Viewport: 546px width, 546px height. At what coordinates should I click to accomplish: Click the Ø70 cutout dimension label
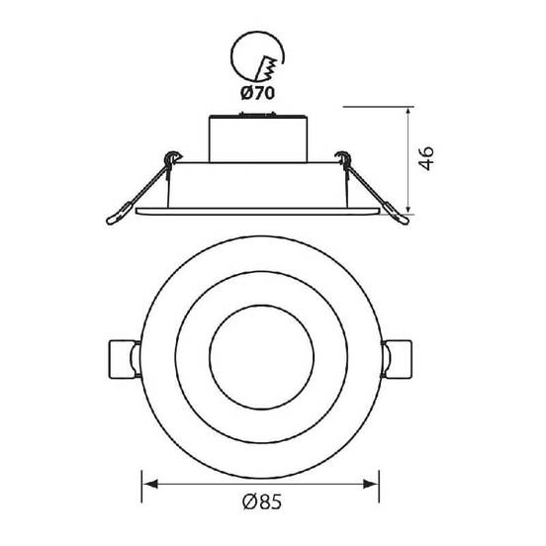(x=258, y=93)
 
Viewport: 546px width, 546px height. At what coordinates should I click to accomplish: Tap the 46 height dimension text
(x=426, y=158)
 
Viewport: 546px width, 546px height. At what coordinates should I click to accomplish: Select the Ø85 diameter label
(x=262, y=502)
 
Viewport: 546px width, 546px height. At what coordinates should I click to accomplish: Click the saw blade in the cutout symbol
(x=267, y=68)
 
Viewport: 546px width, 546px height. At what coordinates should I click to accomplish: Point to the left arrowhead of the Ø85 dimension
(x=150, y=484)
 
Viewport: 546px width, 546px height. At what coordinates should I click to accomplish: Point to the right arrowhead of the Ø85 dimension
(x=370, y=484)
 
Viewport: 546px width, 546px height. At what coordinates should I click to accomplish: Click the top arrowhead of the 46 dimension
(x=409, y=114)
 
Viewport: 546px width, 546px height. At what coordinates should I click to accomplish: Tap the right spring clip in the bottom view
(x=397, y=359)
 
